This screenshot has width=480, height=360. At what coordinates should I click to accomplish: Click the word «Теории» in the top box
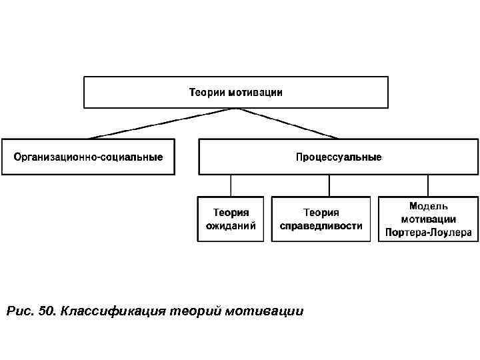[207, 93]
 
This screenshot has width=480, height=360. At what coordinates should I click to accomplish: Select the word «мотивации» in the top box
[255, 93]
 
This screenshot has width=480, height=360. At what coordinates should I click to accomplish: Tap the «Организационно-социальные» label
[88, 157]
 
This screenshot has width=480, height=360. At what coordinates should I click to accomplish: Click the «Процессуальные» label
[339, 157]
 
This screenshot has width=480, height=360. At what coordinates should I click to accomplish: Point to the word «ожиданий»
[231, 226]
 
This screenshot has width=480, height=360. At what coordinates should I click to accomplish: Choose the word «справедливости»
[321, 226]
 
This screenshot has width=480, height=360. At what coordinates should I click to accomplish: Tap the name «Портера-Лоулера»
[428, 233]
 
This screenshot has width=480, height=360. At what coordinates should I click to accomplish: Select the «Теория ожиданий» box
[231, 219]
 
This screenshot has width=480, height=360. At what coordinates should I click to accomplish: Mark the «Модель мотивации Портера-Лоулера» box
[428, 219]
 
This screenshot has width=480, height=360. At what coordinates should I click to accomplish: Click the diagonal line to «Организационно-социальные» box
[160, 123]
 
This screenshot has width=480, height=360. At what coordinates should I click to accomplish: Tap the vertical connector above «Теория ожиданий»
[231, 185]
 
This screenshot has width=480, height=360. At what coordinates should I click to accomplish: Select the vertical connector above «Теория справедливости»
[328, 185]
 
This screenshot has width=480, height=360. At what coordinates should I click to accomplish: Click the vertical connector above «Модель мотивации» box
[427, 185]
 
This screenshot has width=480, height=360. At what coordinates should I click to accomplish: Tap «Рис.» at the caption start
[18, 311]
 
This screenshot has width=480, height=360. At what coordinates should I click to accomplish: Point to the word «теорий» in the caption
[195, 311]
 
